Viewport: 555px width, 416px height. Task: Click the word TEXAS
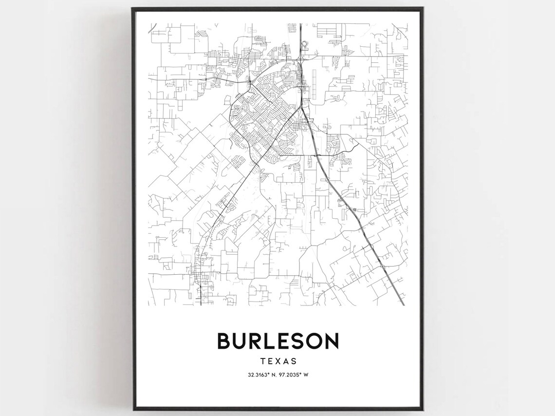[x=278, y=361]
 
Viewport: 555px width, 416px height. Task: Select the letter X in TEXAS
[x=278, y=361]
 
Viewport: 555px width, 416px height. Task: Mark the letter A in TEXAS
[x=286, y=361]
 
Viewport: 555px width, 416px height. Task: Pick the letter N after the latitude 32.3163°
[x=273, y=375]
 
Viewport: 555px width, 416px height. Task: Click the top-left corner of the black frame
[x=133, y=8]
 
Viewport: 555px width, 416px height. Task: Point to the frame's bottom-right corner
[x=423, y=409]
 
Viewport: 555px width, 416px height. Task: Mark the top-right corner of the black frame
[x=423, y=8]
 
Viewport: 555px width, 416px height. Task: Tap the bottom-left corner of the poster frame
[x=133, y=409]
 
